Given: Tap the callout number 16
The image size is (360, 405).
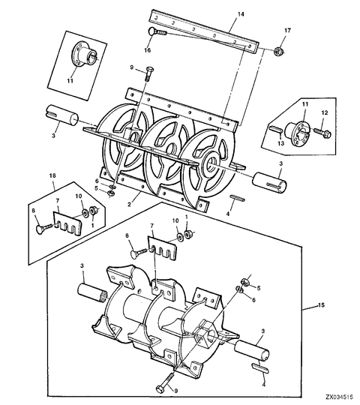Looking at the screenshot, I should point(148,50).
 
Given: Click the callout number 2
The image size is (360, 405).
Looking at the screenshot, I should point(130,202).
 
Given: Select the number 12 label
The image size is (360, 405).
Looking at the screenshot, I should point(324,112).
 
